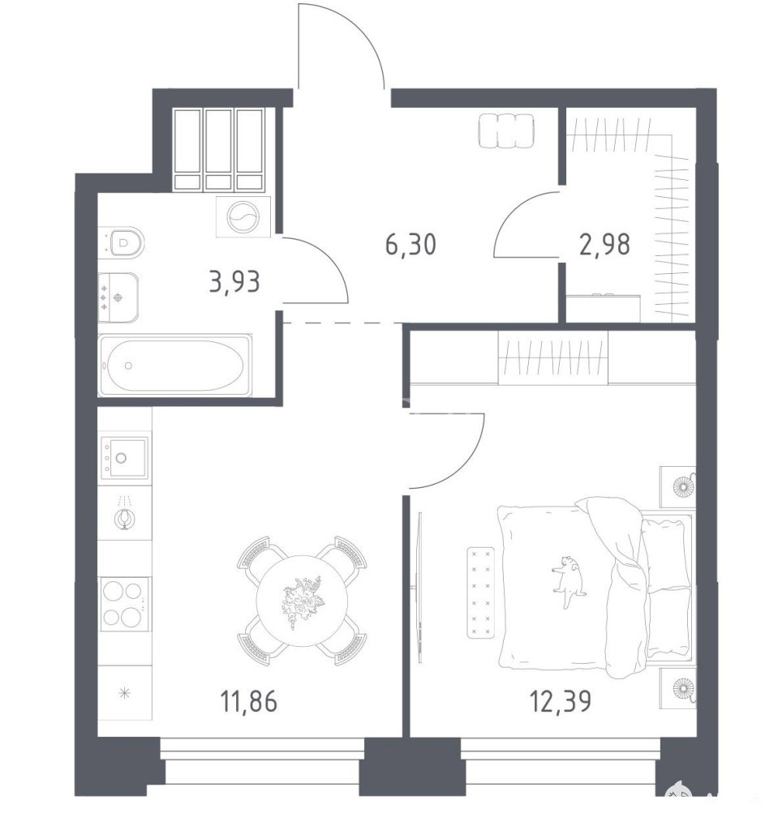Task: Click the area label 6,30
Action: point(410,245)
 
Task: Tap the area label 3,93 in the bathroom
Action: point(234,281)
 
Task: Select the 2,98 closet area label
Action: point(604,245)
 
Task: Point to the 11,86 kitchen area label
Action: point(248,702)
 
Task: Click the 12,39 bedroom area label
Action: point(561,702)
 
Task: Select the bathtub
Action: point(175,366)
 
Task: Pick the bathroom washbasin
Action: point(118,297)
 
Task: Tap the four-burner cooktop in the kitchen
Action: point(125,604)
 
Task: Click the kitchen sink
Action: point(125,457)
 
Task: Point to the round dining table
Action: point(302,601)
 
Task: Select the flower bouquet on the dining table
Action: point(303,601)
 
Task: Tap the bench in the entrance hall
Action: point(507,130)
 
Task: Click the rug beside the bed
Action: point(481,593)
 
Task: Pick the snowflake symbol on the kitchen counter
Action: point(125,692)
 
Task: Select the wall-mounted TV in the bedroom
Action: point(419,588)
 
